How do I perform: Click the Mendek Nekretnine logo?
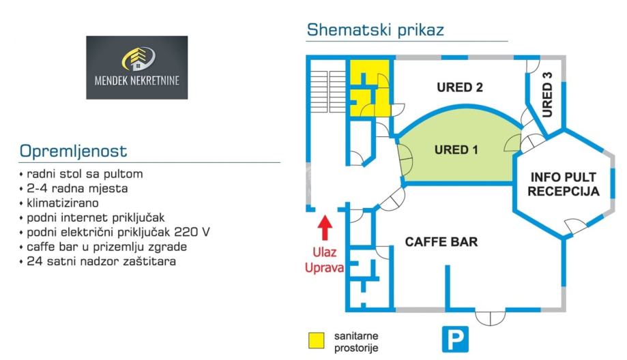(137, 67)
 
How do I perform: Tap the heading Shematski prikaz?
(375, 30)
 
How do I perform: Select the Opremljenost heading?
(74, 151)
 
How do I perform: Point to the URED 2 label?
(460, 87)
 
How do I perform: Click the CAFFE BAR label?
(441, 242)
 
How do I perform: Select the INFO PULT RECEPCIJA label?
(564, 184)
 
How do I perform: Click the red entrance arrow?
(325, 227)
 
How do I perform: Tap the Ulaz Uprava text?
(325, 259)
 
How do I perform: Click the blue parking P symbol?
(454, 338)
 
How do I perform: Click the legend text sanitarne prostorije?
(356, 342)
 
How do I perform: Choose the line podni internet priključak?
(96, 217)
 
